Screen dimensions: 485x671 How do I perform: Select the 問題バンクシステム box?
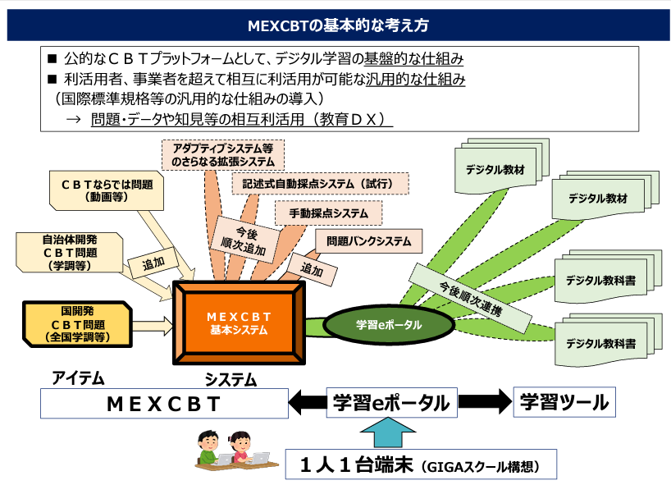[x=368, y=241]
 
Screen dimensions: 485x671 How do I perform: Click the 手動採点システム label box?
[x=328, y=213]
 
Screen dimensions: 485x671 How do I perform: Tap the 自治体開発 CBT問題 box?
[x=70, y=254]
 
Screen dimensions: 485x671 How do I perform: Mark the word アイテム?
[x=79, y=378]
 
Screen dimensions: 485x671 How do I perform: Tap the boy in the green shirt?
[x=208, y=447]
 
